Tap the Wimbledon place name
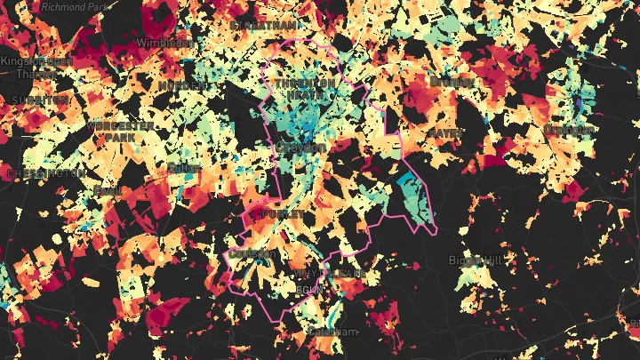pos(165,43)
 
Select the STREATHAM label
pos(263,26)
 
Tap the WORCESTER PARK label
pos(121,132)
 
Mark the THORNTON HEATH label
pos(306,89)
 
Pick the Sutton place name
pos(182,167)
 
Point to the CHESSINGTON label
pos(45,174)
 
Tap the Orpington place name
pos(568,130)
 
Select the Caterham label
pos(332,332)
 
